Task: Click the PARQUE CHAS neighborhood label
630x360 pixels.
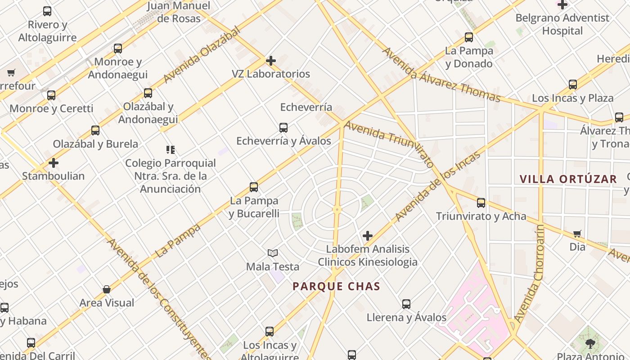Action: pyautogui.click(x=336, y=286)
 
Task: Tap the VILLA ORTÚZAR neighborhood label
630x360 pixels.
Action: pyautogui.click(x=568, y=179)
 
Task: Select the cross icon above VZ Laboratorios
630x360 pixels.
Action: pyautogui.click(x=271, y=60)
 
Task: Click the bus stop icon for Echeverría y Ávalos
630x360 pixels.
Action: pyautogui.click(x=283, y=128)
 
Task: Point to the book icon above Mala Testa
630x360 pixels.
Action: pyautogui.click(x=273, y=253)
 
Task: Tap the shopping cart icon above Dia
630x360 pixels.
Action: pyautogui.click(x=577, y=234)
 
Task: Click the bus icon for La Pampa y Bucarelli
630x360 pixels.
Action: pyautogui.click(x=254, y=187)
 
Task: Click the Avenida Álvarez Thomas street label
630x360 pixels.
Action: pyautogui.click(x=441, y=75)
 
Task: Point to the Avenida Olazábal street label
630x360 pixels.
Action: pyautogui.click(x=202, y=54)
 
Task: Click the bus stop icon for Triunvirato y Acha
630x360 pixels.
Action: pyautogui.click(x=481, y=203)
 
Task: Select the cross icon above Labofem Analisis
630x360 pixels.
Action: pyautogui.click(x=368, y=236)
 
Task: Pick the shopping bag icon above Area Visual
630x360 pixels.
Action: pyautogui.click(x=107, y=289)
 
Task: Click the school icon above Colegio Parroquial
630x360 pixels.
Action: pyautogui.click(x=170, y=149)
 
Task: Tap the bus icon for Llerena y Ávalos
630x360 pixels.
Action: pyautogui.click(x=406, y=304)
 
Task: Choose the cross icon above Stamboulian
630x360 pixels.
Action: pyautogui.click(x=54, y=163)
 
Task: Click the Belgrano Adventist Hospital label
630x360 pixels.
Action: pyautogui.click(x=562, y=24)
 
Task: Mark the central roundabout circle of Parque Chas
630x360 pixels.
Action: pyautogui.click(x=337, y=209)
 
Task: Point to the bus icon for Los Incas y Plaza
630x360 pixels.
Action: pyautogui.click(x=573, y=85)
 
